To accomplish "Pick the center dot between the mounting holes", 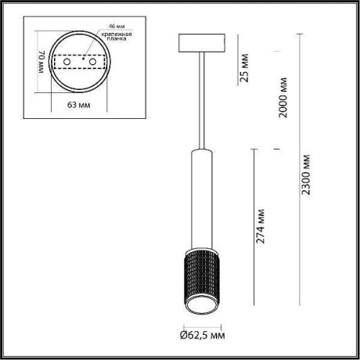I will (x=80, y=59).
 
